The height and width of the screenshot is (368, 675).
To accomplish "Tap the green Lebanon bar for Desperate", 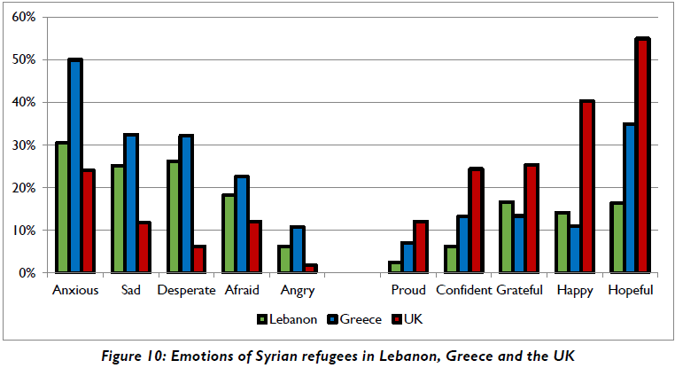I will (x=174, y=217).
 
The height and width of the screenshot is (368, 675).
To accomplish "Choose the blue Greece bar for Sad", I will (x=131, y=204).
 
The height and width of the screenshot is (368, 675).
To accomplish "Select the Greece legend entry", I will (x=357, y=318).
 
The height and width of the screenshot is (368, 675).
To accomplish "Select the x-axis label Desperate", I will (x=186, y=290).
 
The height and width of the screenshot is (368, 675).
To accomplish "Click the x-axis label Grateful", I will (x=520, y=290).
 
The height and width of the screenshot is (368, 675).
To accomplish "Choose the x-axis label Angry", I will (x=298, y=290).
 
